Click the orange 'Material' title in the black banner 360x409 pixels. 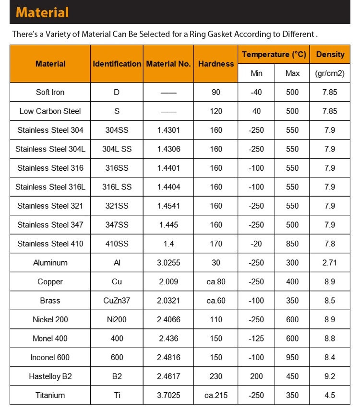click(x=43, y=12)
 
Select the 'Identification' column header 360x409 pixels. click(x=117, y=64)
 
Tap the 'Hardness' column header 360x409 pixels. click(x=216, y=64)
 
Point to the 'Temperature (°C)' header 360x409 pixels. click(x=274, y=55)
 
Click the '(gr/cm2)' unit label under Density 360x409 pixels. click(x=330, y=73)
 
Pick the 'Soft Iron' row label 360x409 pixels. click(x=50, y=92)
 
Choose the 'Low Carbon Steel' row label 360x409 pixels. click(x=50, y=111)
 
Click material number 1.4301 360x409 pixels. click(x=168, y=130)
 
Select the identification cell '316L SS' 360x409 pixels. click(x=117, y=187)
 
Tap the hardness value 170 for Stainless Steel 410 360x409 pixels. click(x=216, y=244)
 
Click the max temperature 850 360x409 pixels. click(x=292, y=244)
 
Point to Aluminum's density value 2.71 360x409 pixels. click(x=330, y=263)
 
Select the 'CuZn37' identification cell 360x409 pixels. click(x=117, y=301)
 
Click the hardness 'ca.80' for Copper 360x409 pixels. click(x=216, y=281)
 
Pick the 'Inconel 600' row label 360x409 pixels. click(x=50, y=357)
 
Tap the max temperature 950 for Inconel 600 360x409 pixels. click(x=292, y=357)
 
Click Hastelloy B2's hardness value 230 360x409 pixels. click(x=216, y=376)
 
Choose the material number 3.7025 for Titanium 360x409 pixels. click(x=168, y=395)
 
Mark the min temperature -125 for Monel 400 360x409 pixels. click(x=256, y=339)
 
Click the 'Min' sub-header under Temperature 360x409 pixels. click(x=256, y=73)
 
